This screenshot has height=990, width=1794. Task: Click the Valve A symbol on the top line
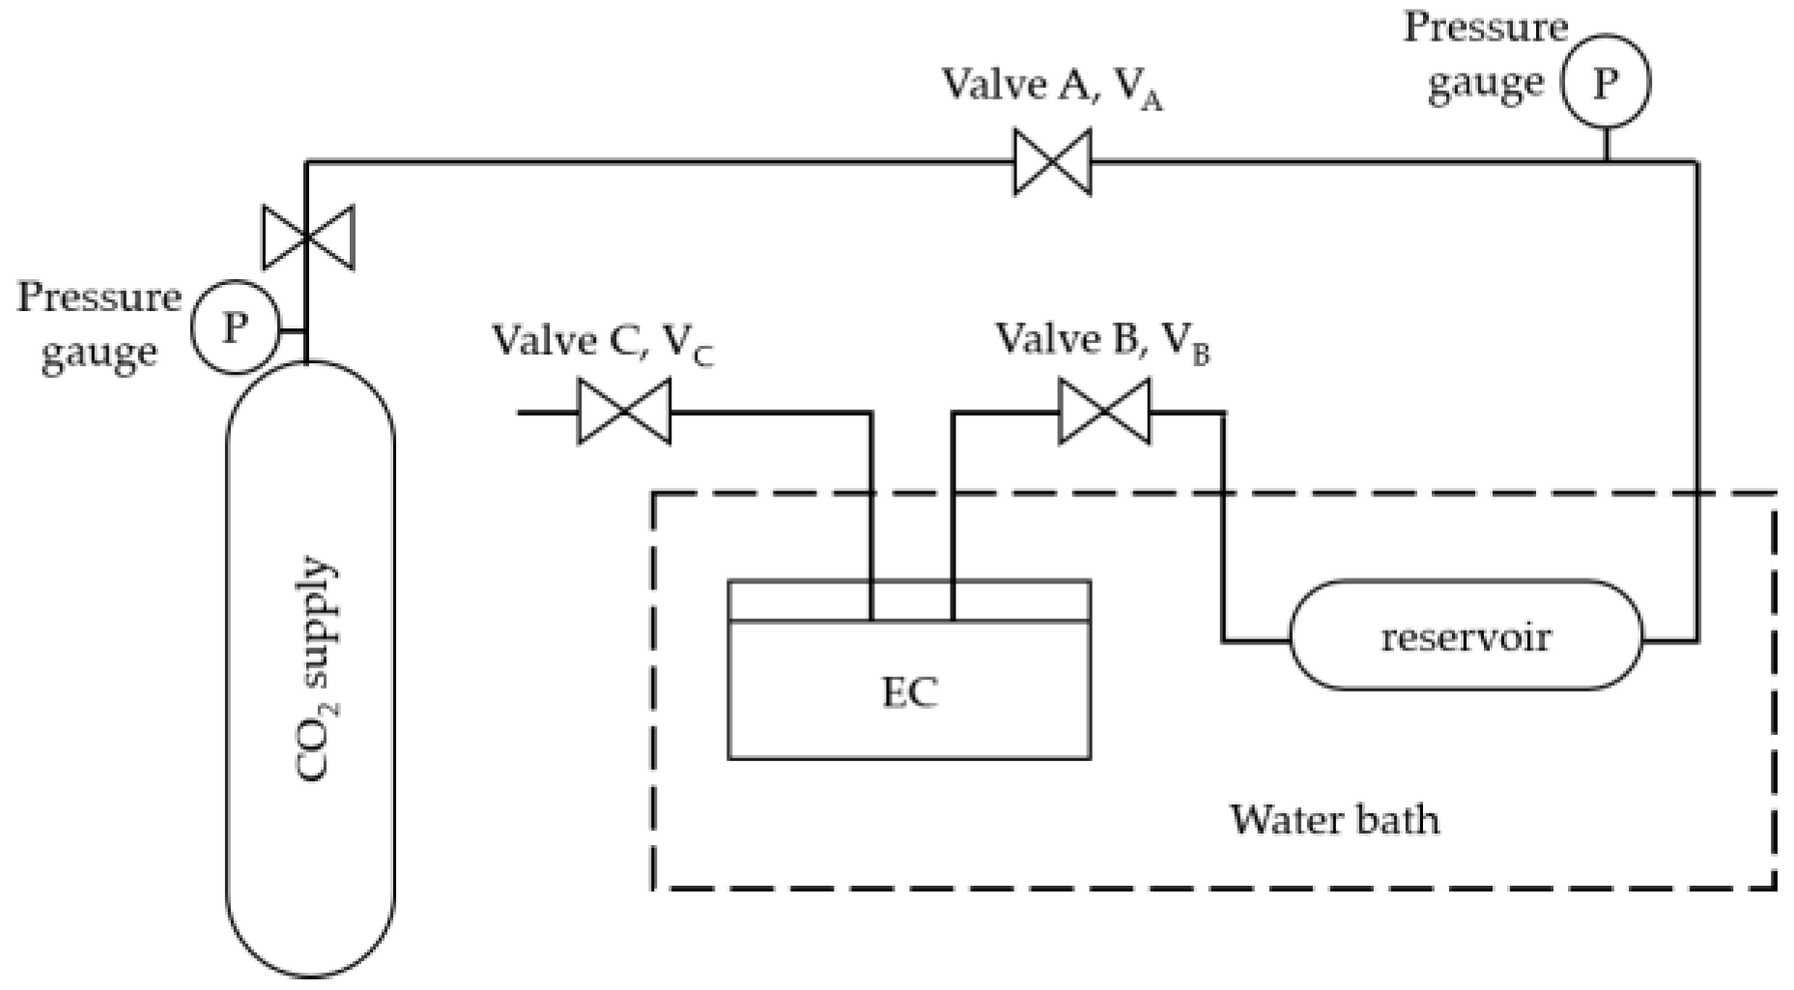(1052, 162)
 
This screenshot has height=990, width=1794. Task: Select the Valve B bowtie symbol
(1104, 412)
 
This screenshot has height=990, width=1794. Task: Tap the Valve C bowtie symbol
(624, 412)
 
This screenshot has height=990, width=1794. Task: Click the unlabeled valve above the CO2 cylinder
(308, 237)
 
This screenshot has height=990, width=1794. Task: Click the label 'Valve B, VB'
(1102, 342)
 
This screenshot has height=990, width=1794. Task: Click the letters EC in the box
(909, 693)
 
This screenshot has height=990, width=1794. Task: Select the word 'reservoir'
(1466, 637)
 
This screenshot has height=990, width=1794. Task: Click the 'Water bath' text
(1333, 820)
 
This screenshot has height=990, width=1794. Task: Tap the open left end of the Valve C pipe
(522, 412)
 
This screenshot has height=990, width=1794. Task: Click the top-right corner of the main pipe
(1695, 163)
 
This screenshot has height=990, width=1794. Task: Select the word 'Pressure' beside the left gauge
(99, 297)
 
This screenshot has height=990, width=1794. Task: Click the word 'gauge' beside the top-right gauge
(1485, 82)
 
